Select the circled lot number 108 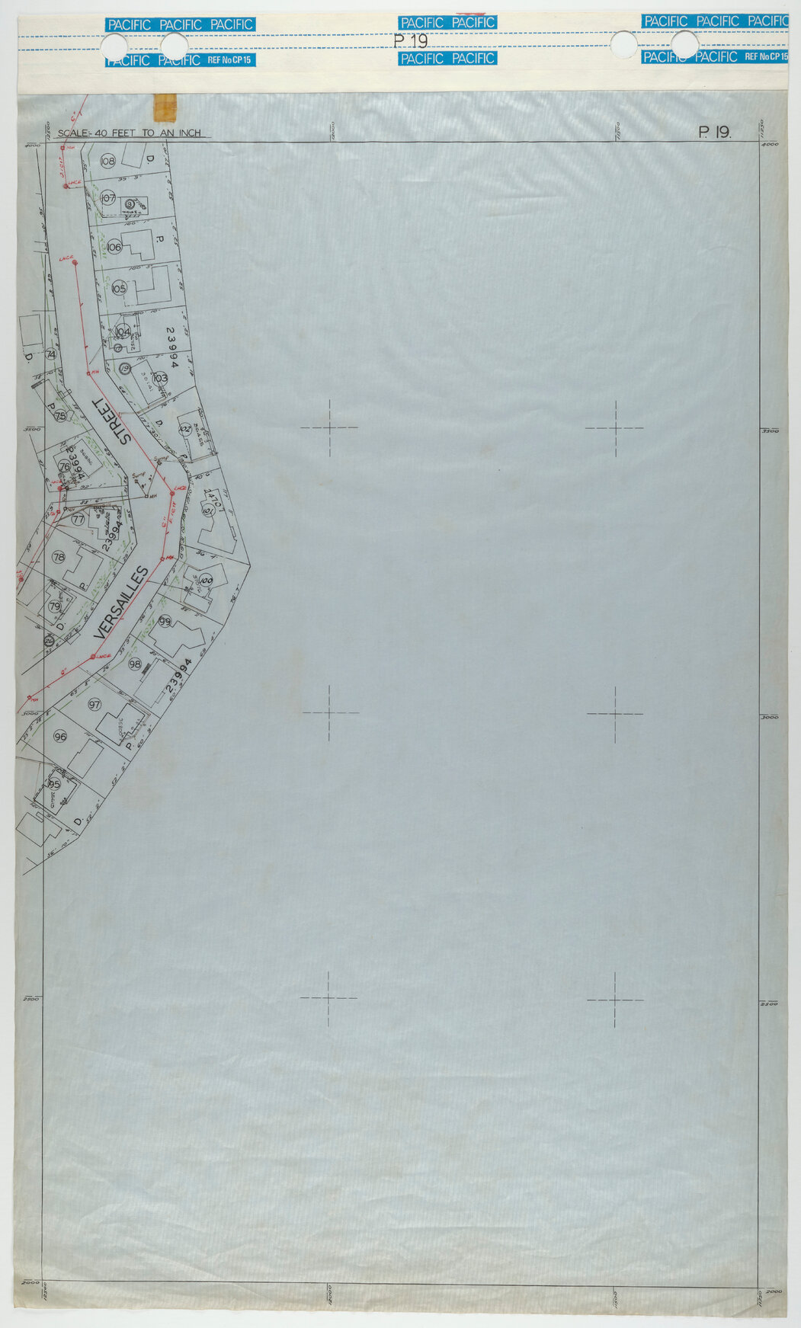[x=107, y=161]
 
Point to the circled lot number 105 [x=118, y=289]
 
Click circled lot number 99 [x=165, y=622]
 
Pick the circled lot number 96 [x=60, y=736]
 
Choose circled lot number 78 [x=59, y=557]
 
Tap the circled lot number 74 [x=51, y=354]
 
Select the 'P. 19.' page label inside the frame [x=714, y=133]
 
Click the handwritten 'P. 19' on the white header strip [x=411, y=41]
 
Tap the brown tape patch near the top [x=165, y=106]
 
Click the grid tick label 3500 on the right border [x=770, y=431]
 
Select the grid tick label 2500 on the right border [x=770, y=1004]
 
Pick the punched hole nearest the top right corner [x=684, y=45]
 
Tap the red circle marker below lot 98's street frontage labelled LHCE [x=93, y=656]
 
